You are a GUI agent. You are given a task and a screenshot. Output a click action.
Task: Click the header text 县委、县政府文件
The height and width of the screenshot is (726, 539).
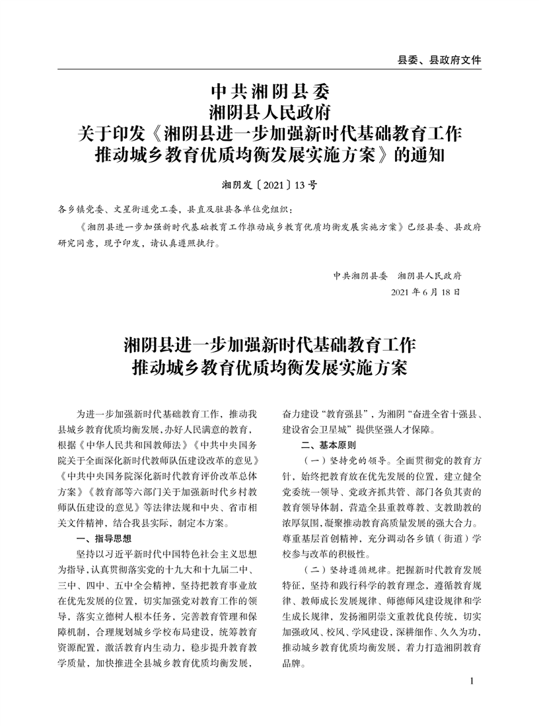tap(439, 59)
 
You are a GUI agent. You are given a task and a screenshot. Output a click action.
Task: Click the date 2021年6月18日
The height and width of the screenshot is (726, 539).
tap(425, 291)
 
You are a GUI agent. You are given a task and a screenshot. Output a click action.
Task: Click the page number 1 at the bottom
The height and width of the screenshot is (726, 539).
tap(472, 680)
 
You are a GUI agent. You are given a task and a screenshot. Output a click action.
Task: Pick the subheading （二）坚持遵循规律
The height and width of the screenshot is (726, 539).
tap(340, 569)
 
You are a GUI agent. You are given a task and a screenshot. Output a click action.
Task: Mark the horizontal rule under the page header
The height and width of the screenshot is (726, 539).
tap(269, 69)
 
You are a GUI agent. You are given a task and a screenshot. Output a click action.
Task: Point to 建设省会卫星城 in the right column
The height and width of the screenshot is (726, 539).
tap(323, 430)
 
